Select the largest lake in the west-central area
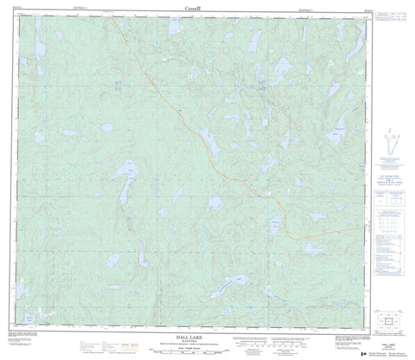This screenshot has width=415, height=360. click(x=127, y=177)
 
